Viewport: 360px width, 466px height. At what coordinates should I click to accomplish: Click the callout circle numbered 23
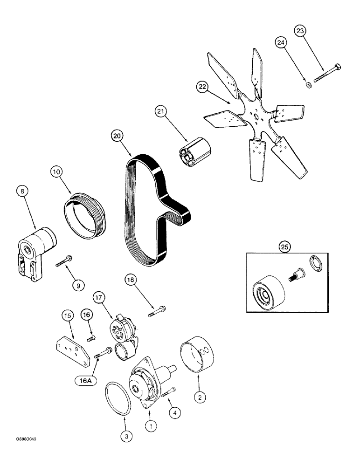(x=301, y=32)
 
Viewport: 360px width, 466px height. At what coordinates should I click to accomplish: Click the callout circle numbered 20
(x=117, y=136)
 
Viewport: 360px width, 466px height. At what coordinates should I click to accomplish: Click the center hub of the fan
(x=256, y=118)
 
